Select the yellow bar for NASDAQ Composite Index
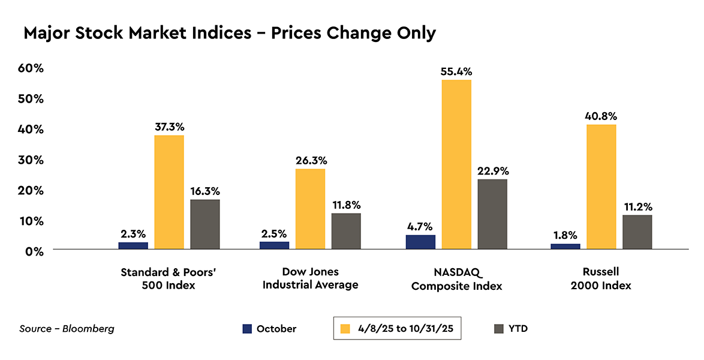pyautogui.click(x=456, y=164)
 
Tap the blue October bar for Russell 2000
pyautogui.click(x=565, y=246)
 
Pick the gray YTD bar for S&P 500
pyautogui.click(x=205, y=224)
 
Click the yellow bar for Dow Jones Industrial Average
pyautogui.click(x=310, y=209)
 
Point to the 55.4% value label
pyautogui.click(x=456, y=71)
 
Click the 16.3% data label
pyautogui.click(x=205, y=191)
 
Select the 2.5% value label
pyautogui.click(x=274, y=233)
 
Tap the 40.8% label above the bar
pyautogui.click(x=601, y=116)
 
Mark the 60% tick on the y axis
pyautogui.click(x=30, y=68)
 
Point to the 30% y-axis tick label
pyautogui.click(x=30, y=160)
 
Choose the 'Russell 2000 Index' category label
pyautogui.click(x=601, y=278)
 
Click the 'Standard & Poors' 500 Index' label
pyautogui.click(x=168, y=278)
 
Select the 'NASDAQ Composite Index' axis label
pyautogui.click(x=456, y=279)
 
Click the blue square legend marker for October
pyautogui.click(x=247, y=329)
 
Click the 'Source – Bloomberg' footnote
pyautogui.click(x=67, y=329)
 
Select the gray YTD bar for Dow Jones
pyautogui.click(x=346, y=231)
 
